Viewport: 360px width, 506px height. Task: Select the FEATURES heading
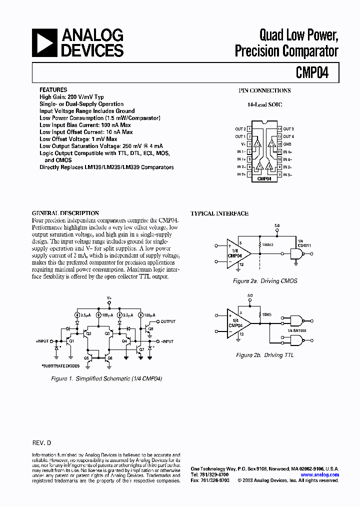53,90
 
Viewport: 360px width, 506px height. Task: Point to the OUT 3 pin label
288,129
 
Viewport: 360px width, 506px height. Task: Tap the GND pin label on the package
287,144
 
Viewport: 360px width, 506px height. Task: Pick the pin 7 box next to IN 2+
249,174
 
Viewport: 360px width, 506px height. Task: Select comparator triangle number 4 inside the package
271,144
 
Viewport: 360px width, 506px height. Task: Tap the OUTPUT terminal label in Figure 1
168,321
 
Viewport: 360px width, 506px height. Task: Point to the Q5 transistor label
86,358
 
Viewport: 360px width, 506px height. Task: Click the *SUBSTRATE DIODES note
60,366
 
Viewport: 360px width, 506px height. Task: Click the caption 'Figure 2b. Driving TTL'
265,355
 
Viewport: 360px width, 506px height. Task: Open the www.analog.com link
320,474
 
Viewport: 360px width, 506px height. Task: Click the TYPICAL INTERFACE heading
219,213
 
